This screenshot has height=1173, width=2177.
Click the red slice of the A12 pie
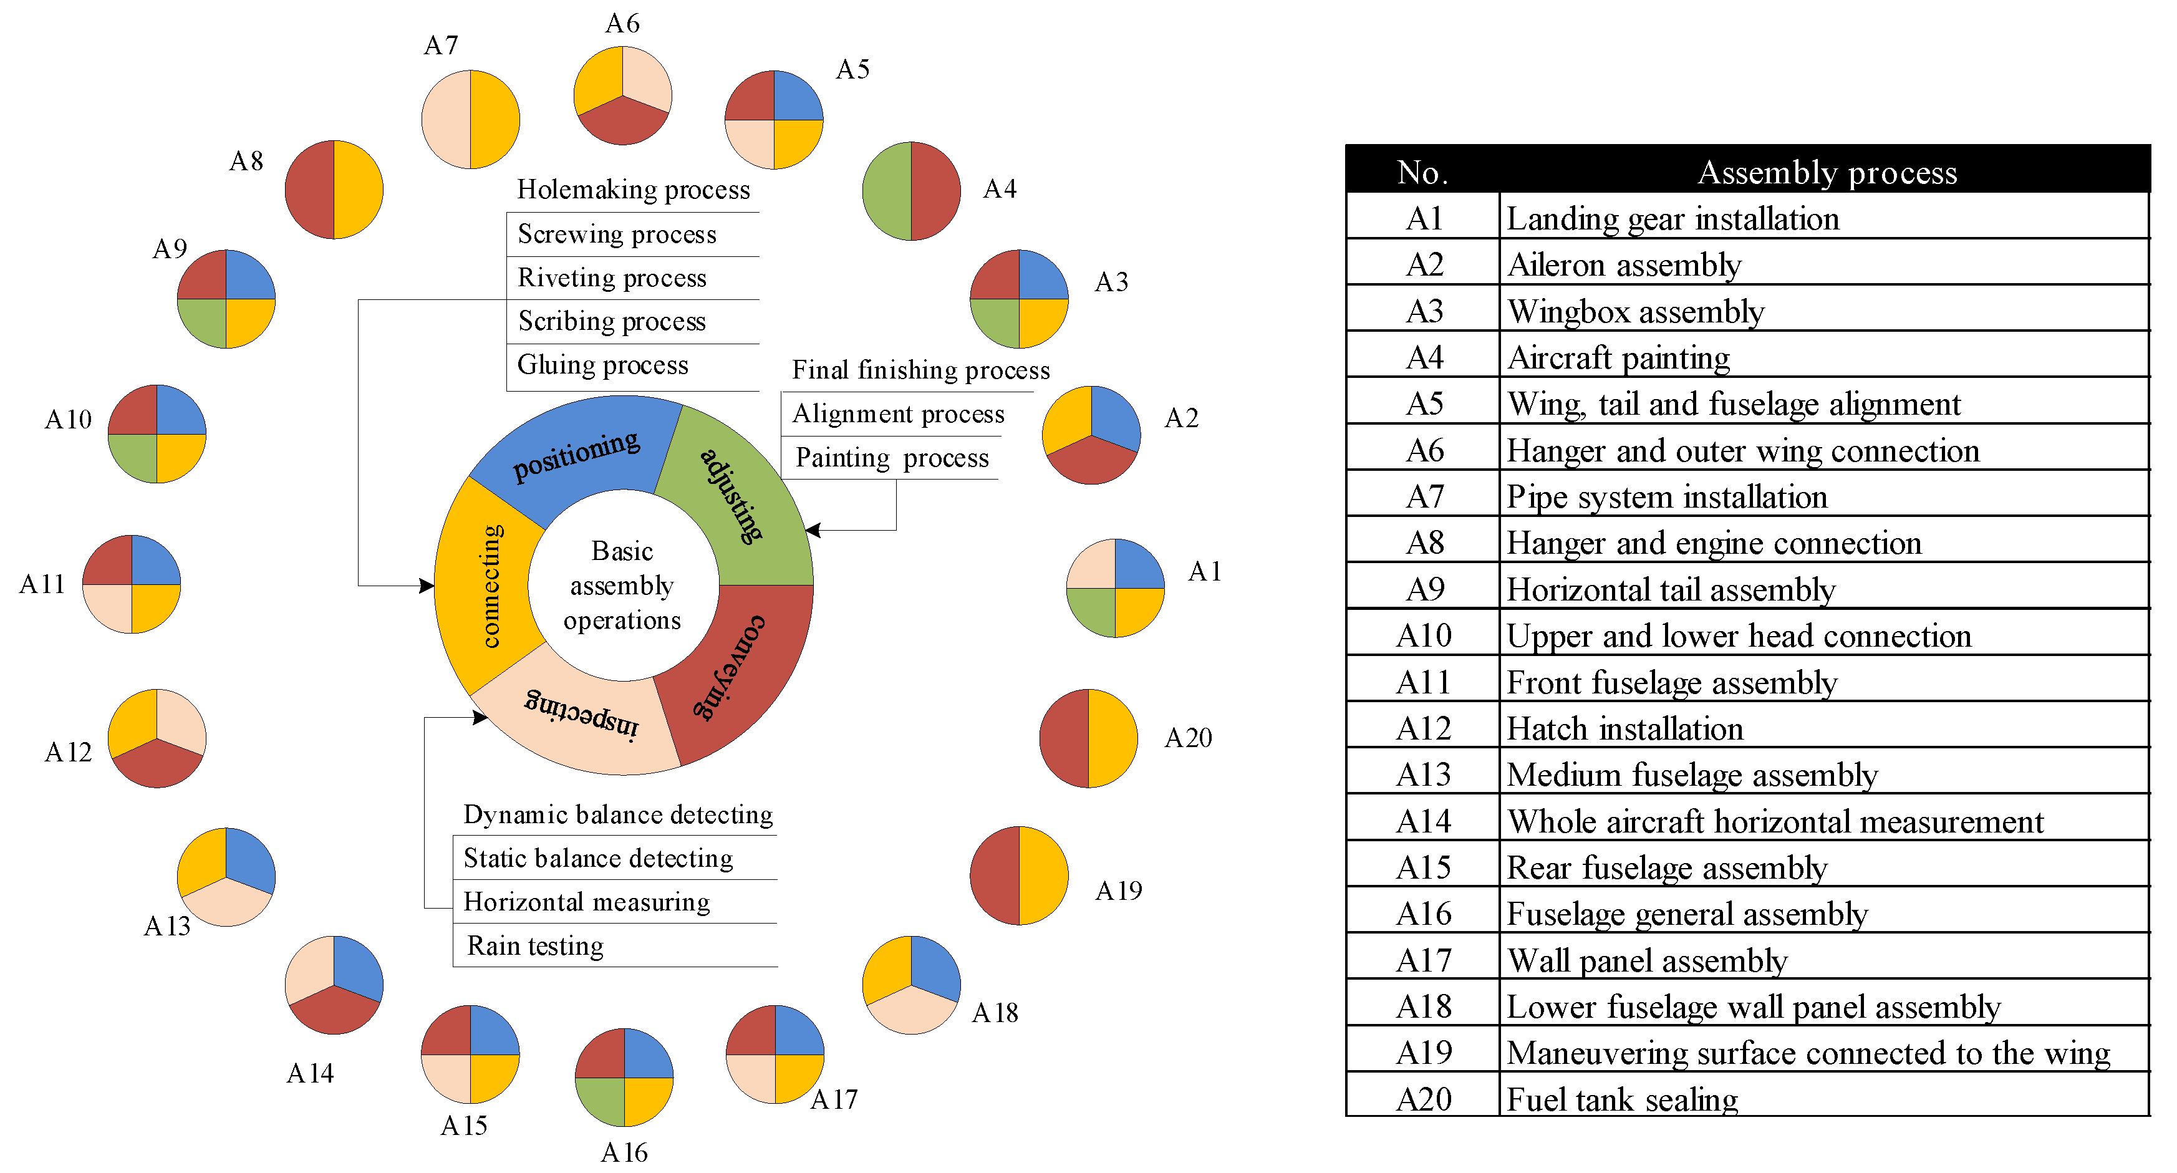click(157, 764)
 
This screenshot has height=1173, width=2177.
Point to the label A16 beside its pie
click(624, 1152)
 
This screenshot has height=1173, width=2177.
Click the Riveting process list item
click(612, 278)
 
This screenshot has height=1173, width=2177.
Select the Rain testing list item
click(536, 945)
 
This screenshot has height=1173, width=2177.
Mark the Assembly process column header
click(1827, 172)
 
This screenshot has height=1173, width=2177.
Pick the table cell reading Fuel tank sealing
click(1623, 1099)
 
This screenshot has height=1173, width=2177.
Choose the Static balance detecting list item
click(598, 859)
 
